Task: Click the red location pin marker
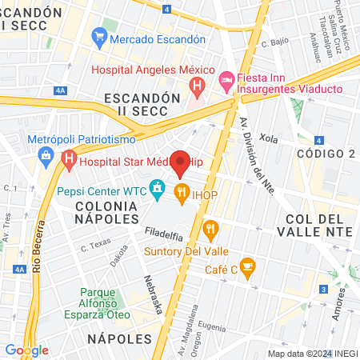[x=181, y=162]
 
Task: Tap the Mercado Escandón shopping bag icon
[x=99, y=38]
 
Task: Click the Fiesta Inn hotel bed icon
[x=226, y=80]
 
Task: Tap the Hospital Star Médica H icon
[x=69, y=160]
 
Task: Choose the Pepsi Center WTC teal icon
[x=158, y=190]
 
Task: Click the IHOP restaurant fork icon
[x=182, y=192]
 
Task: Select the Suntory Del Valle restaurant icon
[x=211, y=230]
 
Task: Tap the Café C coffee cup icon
[x=247, y=266]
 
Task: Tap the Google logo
[x=26, y=350]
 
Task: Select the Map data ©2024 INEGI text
[x=312, y=354]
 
